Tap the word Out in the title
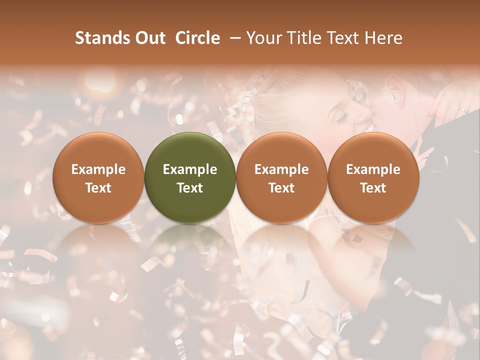(148, 38)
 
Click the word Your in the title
(263, 38)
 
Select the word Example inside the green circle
(190, 169)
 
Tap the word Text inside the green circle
(190, 188)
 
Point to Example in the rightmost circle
(373, 169)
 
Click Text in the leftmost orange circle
(98, 188)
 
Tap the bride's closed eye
(341, 118)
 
